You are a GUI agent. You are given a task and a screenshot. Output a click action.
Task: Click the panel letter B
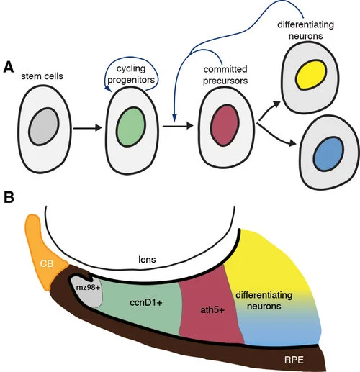8,196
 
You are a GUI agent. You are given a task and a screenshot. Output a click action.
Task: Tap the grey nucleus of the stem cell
42,127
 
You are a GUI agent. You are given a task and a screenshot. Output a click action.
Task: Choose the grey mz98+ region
81,289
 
